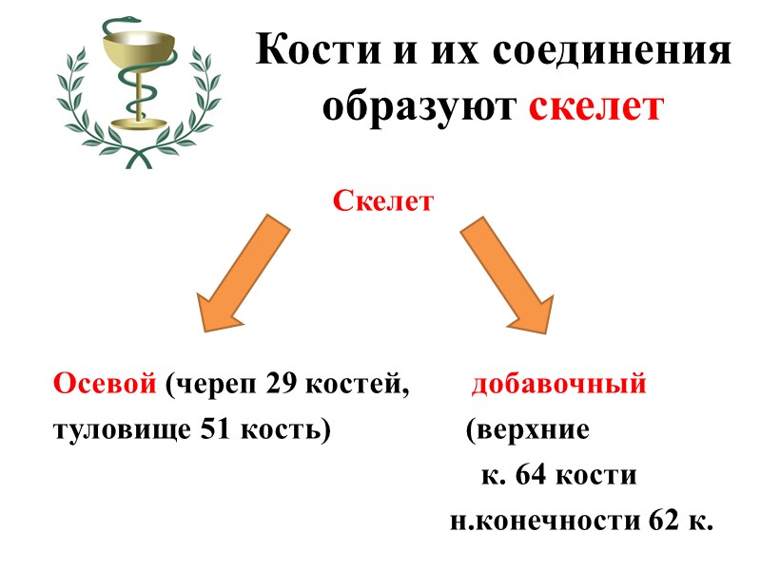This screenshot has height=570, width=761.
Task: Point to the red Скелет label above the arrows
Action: click(383, 201)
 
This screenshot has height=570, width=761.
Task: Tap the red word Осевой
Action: click(105, 385)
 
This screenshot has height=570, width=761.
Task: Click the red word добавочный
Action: click(559, 385)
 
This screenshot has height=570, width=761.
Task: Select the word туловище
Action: click(120, 429)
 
